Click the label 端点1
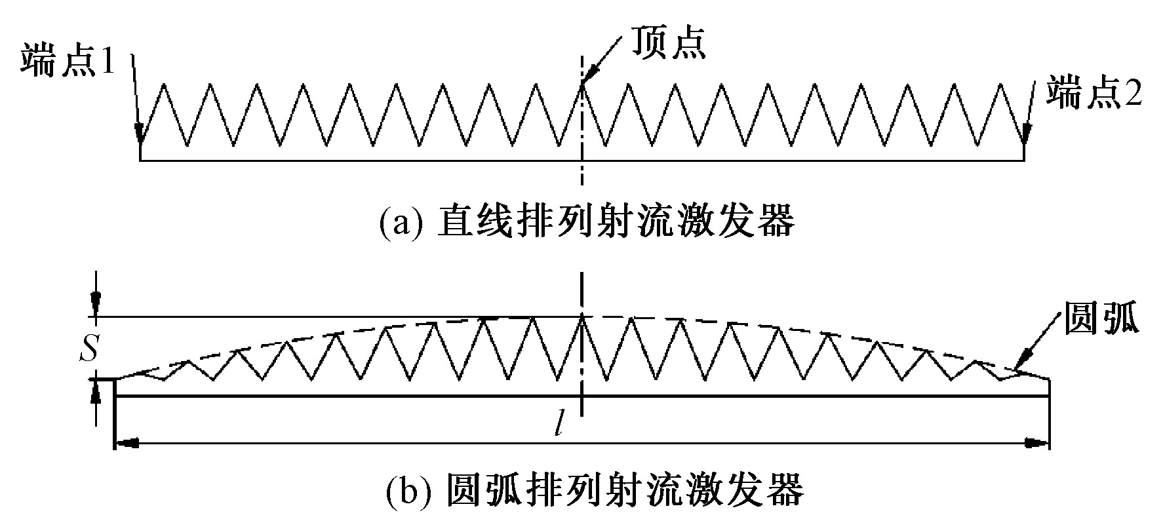pyautogui.click(x=69, y=61)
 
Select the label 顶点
pyautogui.click(x=668, y=43)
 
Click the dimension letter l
pyautogui.click(x=558, y=425)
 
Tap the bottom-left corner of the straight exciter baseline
pyautogui.click(x=140, y=160)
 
